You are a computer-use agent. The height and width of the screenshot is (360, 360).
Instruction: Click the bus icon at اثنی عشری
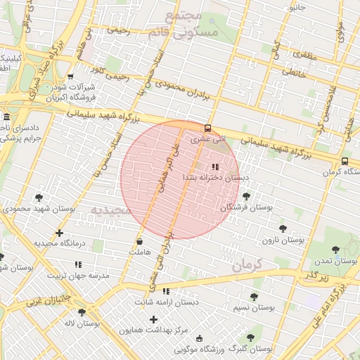[x=207, y=128]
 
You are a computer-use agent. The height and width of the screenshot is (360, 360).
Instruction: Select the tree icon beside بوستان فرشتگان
[x=235, y=197]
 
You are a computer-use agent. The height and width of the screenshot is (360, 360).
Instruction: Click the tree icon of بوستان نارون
[x=283, y=229]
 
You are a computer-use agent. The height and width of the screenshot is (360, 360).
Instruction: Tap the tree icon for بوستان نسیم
[x=254, y=297]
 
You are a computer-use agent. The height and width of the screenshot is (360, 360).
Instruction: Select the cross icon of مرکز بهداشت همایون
[x=153, y=320]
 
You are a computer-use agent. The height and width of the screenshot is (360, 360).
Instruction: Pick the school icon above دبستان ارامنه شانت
[x=167, y=291]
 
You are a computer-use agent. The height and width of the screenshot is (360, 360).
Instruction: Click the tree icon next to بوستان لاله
[x=82, y=312]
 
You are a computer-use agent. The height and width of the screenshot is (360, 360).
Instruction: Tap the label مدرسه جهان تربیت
[x=79, y=276]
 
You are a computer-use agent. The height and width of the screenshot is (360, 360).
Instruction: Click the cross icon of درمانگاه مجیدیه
[x=59, y=233]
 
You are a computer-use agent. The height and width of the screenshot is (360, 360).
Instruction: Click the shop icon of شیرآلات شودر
[x=70, y=78]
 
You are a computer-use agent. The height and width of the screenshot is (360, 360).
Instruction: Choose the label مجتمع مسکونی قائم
[x=184, y=23]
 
